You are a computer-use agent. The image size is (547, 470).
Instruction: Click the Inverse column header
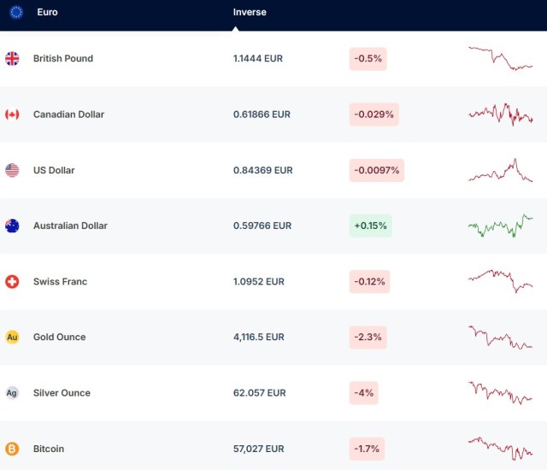(x=250, y=13)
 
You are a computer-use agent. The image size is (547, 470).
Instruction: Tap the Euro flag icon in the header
(x=15, y=13)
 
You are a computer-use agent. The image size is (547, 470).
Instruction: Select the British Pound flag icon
(x=12, y=59)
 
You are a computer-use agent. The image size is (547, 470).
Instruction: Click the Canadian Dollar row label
(x=68, y=115)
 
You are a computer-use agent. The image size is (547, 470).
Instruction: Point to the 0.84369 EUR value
(x=262, y=170)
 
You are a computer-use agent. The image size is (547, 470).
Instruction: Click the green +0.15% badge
(x=370, y=226)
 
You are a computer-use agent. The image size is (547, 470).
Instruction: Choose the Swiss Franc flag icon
(x=12, y=281)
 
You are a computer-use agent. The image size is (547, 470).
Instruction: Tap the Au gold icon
(x=12, y=337)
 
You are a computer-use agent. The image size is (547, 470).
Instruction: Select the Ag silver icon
(x=12, y=393)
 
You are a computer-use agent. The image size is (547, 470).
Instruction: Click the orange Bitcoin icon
(x=12, y=449)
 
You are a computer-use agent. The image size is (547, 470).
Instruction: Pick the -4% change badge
(x=363, y=393)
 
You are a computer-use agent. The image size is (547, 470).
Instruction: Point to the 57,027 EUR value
(x=259, y=449)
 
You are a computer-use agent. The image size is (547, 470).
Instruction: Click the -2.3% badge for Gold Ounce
(x=368, y=337)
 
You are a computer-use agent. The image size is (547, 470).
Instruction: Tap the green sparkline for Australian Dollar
(x=500, y=226)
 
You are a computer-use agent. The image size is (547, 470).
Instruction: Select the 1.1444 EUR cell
(x=257, y=59)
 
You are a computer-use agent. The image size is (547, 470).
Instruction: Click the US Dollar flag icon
(x=12, y=170)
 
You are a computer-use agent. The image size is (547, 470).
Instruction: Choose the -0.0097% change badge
(x=376, y=170)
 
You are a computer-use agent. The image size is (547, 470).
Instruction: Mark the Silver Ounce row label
(x=62, y=393)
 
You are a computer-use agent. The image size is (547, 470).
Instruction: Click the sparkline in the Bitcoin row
(x=500, y=447)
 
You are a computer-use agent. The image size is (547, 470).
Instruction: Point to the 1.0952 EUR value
(x=257, y=281)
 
